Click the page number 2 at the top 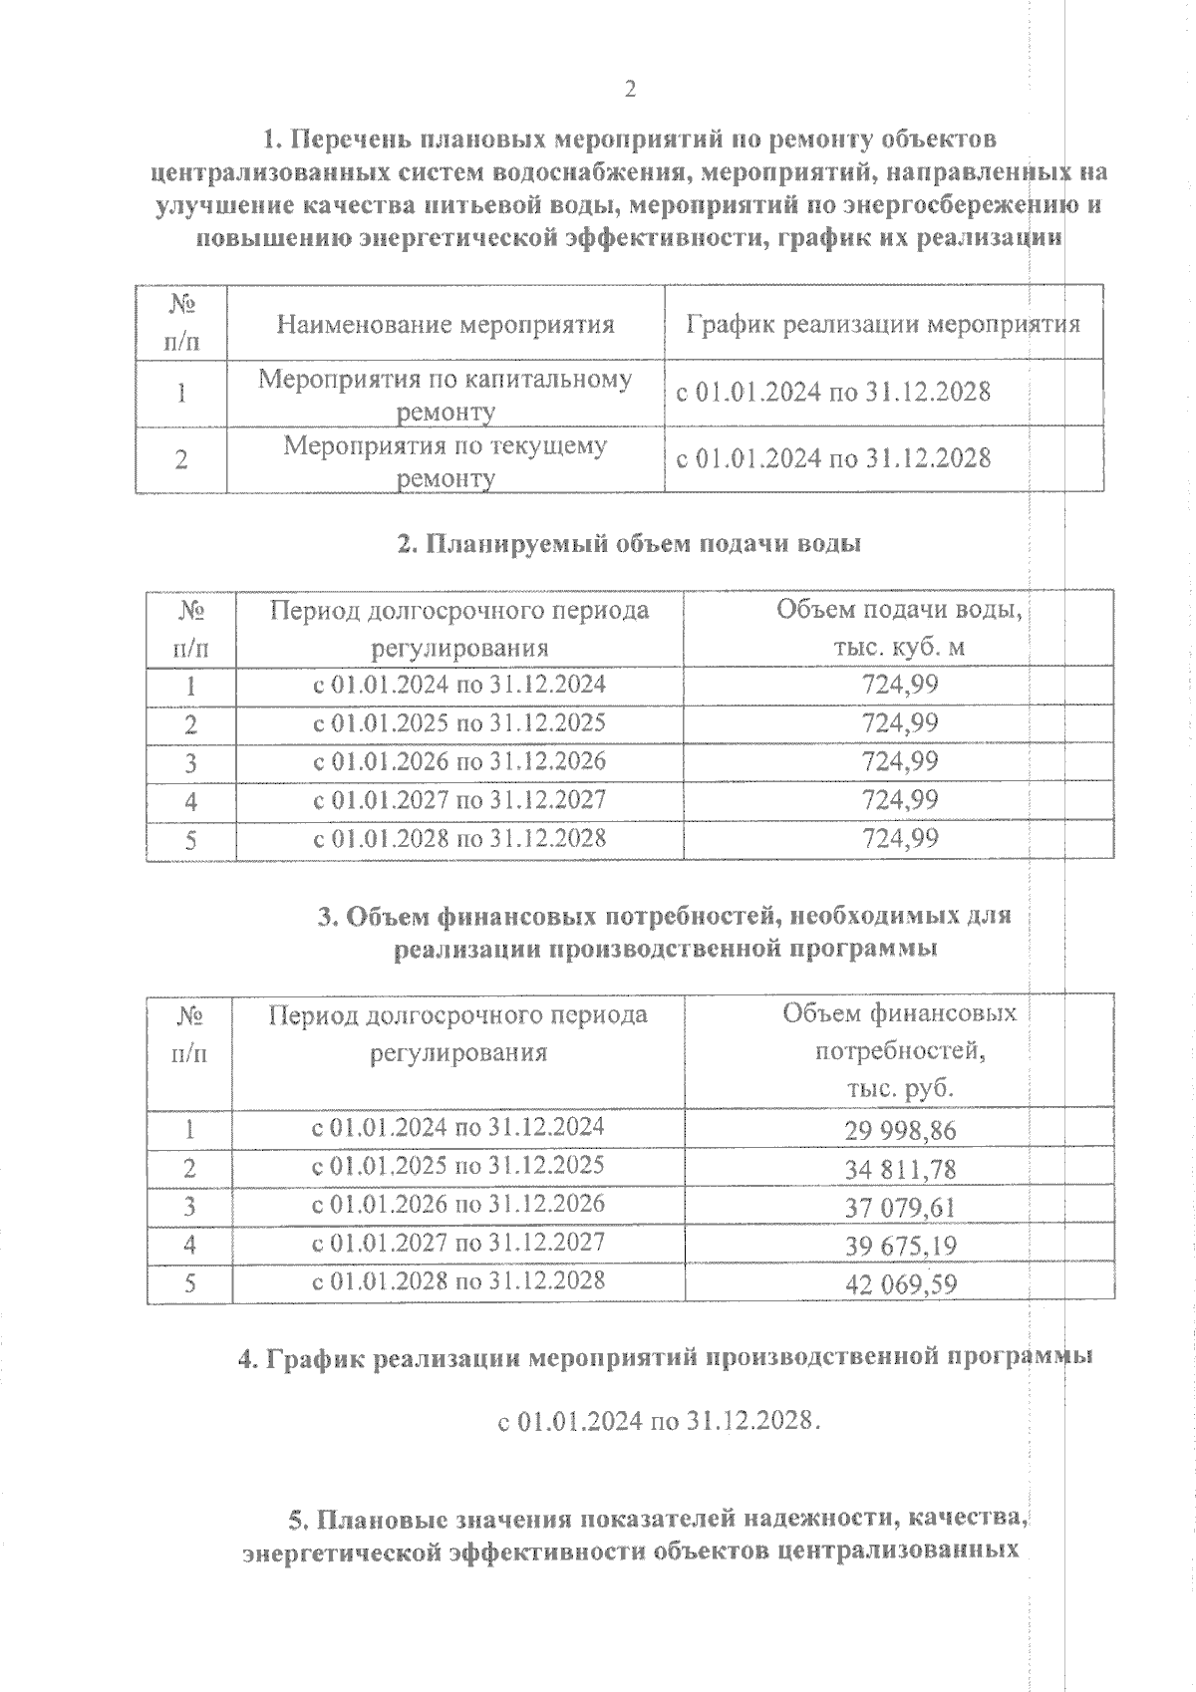click(629, 90)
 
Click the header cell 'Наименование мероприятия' click(445, 324)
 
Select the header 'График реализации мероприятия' click(883, 324)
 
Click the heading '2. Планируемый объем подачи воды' click(629, 544)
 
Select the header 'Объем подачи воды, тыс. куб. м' click(899, 628)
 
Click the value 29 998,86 click(900, 1131)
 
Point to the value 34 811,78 click(900, 1169)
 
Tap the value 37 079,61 click(900, 1208)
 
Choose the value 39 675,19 click(900, 1246)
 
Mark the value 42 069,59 click(900, 1283)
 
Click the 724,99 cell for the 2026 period click(900, 762)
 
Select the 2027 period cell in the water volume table click(459, 800)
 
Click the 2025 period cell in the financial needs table click(458, 1166)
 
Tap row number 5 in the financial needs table click(189, 1283)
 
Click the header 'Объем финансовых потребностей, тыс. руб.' click(899, 1050)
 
